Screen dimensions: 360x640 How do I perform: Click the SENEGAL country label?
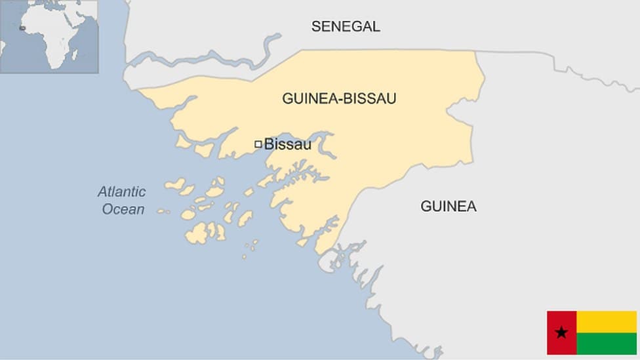point(346,26)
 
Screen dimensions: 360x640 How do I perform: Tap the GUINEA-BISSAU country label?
point(339,98)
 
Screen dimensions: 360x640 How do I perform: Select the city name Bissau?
point(287,144)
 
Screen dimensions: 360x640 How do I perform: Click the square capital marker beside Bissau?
point(258,144)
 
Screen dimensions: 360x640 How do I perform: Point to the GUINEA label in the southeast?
point(449,207)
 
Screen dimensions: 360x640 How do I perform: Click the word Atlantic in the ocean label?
point(121,192)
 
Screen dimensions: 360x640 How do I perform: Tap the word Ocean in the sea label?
point(123,209)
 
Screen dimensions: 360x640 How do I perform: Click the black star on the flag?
point(561,333)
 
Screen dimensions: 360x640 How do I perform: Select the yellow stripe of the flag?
point(607,321)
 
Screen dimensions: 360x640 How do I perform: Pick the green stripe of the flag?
point(607,344)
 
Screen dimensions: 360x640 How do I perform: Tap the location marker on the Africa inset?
point(23,28)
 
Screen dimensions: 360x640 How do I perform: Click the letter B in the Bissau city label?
point(268,144)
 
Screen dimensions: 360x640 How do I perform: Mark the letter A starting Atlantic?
point(102,192)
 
